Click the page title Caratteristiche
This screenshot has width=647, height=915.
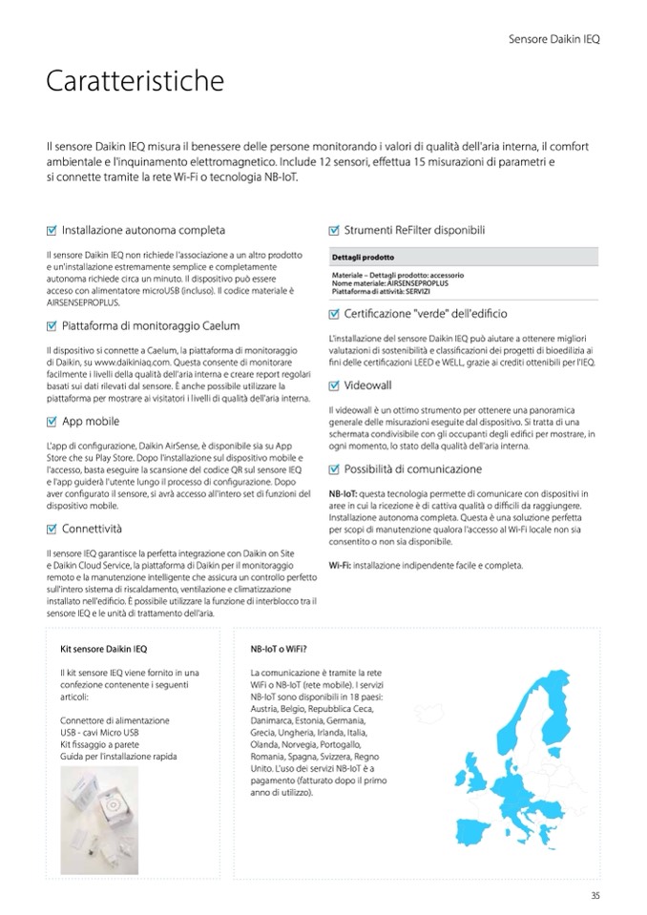pyautogui.click(x=135, y=82)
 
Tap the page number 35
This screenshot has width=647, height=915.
pyautogui.click(x=595, y=894)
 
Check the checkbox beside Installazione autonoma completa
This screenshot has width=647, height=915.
pyautogui.click(x=52, y=231)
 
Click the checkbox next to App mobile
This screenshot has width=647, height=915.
pyautogui.click(x=52, y=421)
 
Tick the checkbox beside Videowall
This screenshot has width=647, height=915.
pyautogui.click(x=334, y=385)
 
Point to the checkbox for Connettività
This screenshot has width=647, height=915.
pyautogui.click(x=52, y=529)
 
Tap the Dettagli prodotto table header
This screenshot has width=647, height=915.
pyautogui.click(x=364, y=258)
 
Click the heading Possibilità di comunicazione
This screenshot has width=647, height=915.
pyautogui.click(x=412, y=468)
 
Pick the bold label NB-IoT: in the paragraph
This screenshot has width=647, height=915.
pyautogui.click(x=344, y=492)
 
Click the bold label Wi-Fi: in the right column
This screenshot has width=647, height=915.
pyautogui.click(x=340, y=565)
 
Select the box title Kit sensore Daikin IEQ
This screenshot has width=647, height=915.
pyautogui.click(x=103, y=650)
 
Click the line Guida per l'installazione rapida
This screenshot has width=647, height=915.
pyautogui.click(x=117, y=756)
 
